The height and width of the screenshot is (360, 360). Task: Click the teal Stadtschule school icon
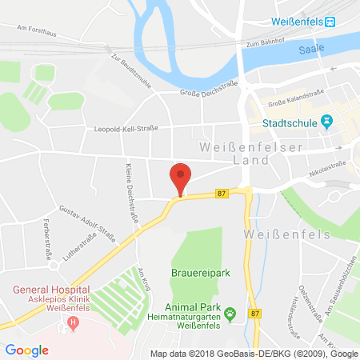326,122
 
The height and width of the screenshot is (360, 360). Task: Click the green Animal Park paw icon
230,312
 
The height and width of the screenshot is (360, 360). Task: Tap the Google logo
26,350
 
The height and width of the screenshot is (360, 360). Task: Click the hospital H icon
74,323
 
